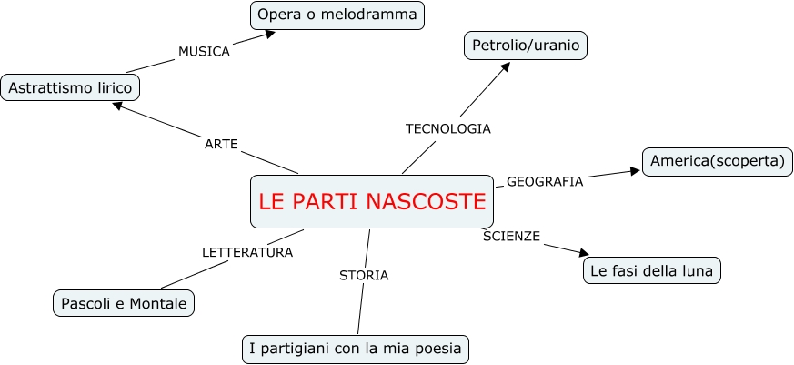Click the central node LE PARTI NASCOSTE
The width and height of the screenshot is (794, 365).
coord(372,201)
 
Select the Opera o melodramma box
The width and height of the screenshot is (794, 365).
coord(337,15)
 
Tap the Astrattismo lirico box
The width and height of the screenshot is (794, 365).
coord(71,87)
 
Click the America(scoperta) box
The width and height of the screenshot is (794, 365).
coord(718,162)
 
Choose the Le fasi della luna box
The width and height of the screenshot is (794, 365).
coord(651,270)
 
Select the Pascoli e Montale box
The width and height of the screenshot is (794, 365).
coord(124,302)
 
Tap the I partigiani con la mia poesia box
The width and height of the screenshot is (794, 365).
coord(357,348)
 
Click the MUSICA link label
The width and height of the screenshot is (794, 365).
coord(204,51)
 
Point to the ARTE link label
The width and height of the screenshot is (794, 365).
coord(221,144)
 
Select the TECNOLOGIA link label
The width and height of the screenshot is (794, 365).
coord(447,128)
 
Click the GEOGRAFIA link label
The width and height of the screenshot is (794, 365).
coord(544,181)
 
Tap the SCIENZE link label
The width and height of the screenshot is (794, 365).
coord(511,237)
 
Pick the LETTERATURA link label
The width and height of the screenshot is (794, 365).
coord(246,252)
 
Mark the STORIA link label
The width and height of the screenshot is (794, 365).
coord(364,275)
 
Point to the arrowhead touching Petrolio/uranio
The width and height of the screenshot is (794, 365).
coord(507,65)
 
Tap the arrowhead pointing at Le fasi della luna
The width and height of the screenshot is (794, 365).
coord(584,255)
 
